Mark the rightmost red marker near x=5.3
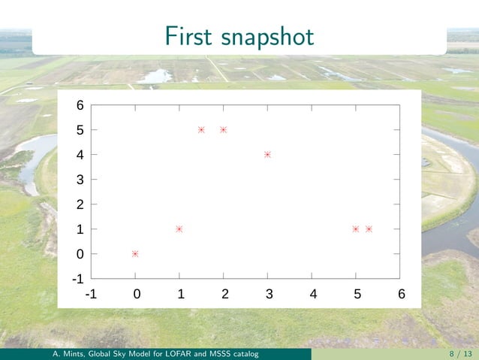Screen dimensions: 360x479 (369, 228)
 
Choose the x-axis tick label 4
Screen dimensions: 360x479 (312, 294)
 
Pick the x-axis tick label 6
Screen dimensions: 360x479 (402, 294)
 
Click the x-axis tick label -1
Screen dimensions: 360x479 (90, 294)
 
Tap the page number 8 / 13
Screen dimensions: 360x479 (460, 353)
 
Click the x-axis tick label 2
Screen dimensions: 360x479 (224, 294)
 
